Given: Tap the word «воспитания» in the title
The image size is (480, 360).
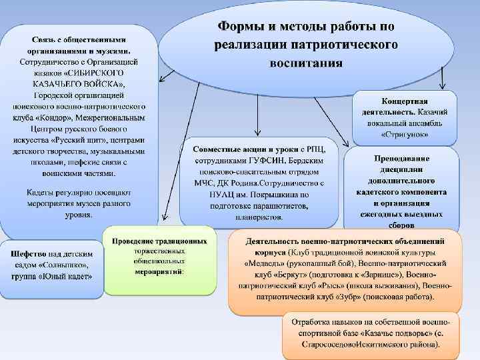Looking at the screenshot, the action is (306, 63).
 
